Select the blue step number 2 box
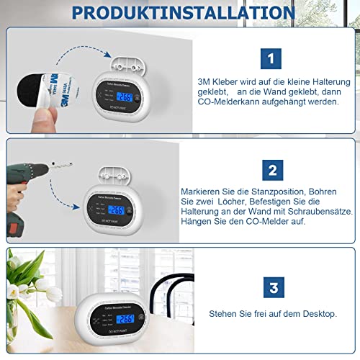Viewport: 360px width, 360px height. [x=272, y=170]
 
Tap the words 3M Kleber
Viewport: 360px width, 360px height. [x=217, y=82]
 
